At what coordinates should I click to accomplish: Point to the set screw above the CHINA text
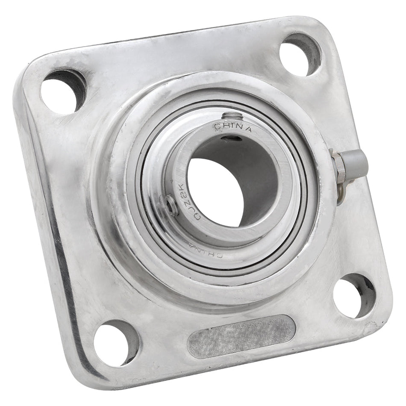(230, 116)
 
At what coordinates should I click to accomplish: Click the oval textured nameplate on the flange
(241, 336)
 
